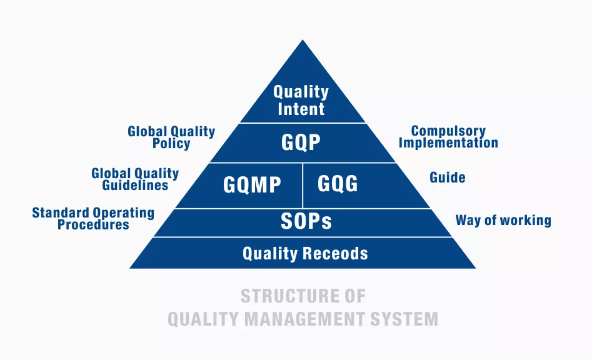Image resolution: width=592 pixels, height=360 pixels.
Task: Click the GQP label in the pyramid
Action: [301, 142]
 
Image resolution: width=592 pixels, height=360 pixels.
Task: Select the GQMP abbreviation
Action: [252, 184]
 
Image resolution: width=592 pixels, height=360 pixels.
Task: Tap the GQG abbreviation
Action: [337, 184]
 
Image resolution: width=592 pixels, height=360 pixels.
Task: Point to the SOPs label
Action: [306, 221]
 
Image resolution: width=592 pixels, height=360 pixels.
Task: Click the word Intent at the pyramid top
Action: [301, 109]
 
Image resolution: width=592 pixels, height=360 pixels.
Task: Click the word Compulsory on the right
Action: [448, 131]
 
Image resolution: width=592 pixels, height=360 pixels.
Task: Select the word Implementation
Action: [448, 142]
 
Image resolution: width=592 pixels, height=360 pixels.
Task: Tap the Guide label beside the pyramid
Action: [448, 177]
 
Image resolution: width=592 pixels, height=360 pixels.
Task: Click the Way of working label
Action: [503, 220]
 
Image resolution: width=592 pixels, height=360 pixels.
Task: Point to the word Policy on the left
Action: [171, 143]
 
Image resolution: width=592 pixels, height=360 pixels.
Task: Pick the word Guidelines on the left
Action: [135, 185]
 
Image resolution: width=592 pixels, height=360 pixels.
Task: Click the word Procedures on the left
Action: [93, 224]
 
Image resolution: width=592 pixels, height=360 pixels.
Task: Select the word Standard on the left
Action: [61, 213]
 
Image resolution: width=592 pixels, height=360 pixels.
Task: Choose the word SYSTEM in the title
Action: [404, 319]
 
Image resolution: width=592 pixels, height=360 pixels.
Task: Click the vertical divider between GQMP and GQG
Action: [303, 185]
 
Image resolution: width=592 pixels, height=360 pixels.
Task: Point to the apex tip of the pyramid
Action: [303, 40]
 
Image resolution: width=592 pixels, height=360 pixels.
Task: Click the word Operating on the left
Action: [123, 213]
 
